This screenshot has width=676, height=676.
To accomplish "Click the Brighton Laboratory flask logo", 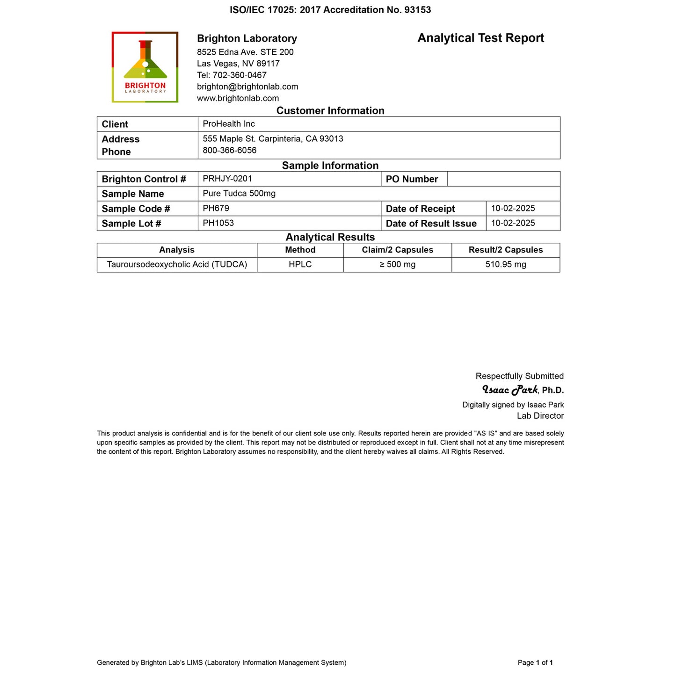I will tap(145, 67).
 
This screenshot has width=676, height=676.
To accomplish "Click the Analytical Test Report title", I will tap(480, 38).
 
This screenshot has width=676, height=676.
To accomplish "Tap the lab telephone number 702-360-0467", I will tap(240, 75).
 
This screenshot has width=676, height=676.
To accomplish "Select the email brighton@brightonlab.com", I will tap(247, 87).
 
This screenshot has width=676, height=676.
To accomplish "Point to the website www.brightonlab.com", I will tap(238, 98).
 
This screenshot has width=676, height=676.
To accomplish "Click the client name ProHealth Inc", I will tap(229, 124).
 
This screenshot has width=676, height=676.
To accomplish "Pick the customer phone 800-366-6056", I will tap(230, 150).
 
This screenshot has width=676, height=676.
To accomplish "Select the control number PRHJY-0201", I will tap(227, 179).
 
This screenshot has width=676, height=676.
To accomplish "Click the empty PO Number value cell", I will tap(503, 179).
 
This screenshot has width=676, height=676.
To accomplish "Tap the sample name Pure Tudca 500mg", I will tap(239, 193).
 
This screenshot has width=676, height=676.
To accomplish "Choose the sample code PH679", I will tap(216, 208).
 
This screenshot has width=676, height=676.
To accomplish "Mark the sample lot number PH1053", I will tap(218, 223).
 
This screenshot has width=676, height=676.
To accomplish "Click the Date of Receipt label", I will tap(420, 209).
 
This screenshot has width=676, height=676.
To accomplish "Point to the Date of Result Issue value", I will tap(513, 223).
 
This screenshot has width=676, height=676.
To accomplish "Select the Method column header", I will tap(300, 250).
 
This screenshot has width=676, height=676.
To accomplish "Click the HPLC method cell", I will tap(300, 264).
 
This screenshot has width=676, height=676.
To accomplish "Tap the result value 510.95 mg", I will tap(506, 264).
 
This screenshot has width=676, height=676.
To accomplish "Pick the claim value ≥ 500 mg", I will tap(397, 264).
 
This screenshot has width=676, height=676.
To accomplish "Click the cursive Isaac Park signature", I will tap(510, 390).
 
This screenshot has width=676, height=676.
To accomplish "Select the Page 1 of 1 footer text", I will tap(535, 662).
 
